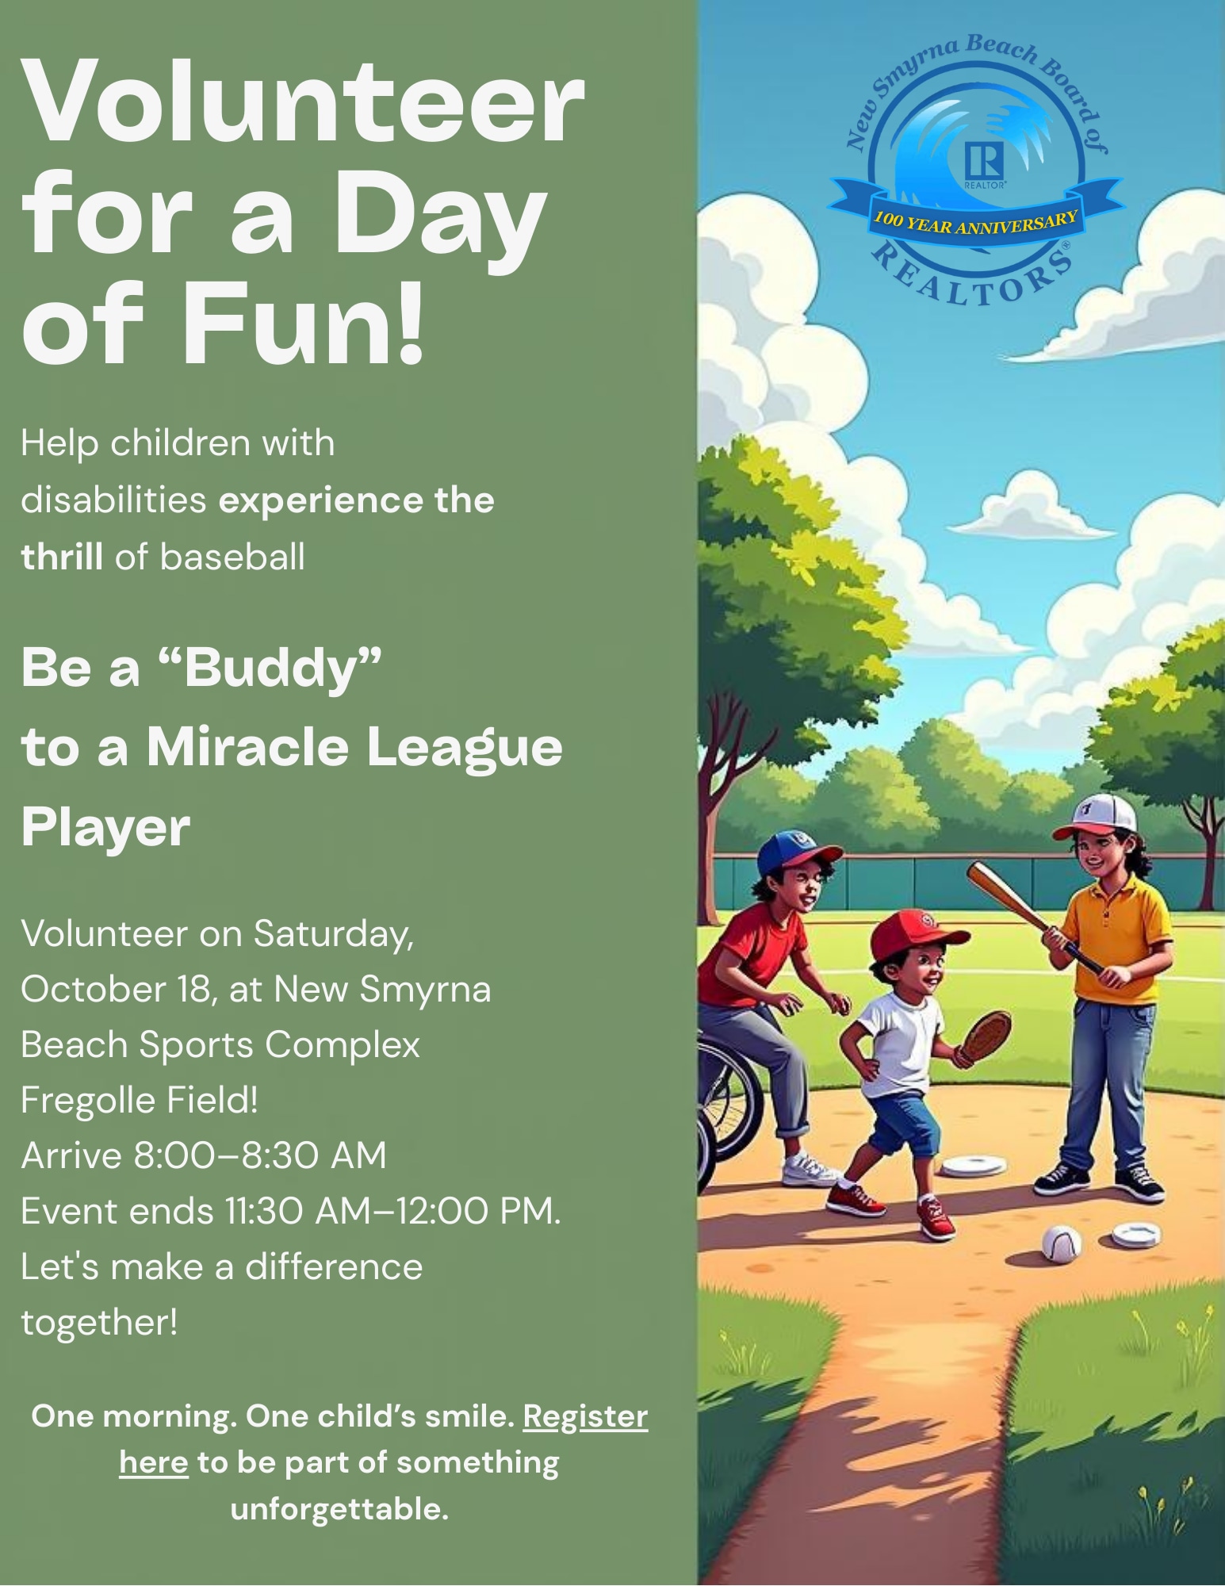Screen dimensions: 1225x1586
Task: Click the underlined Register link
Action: pos(585,1418)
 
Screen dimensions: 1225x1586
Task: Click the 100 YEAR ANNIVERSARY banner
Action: pos(975,213)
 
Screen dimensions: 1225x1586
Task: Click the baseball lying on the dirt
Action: pos(1061,1243)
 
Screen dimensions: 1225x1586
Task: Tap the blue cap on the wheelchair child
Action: pos(794,852)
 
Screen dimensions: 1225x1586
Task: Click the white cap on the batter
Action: pos(1098,817)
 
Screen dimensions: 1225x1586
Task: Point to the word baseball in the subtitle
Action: pos(233,557)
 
